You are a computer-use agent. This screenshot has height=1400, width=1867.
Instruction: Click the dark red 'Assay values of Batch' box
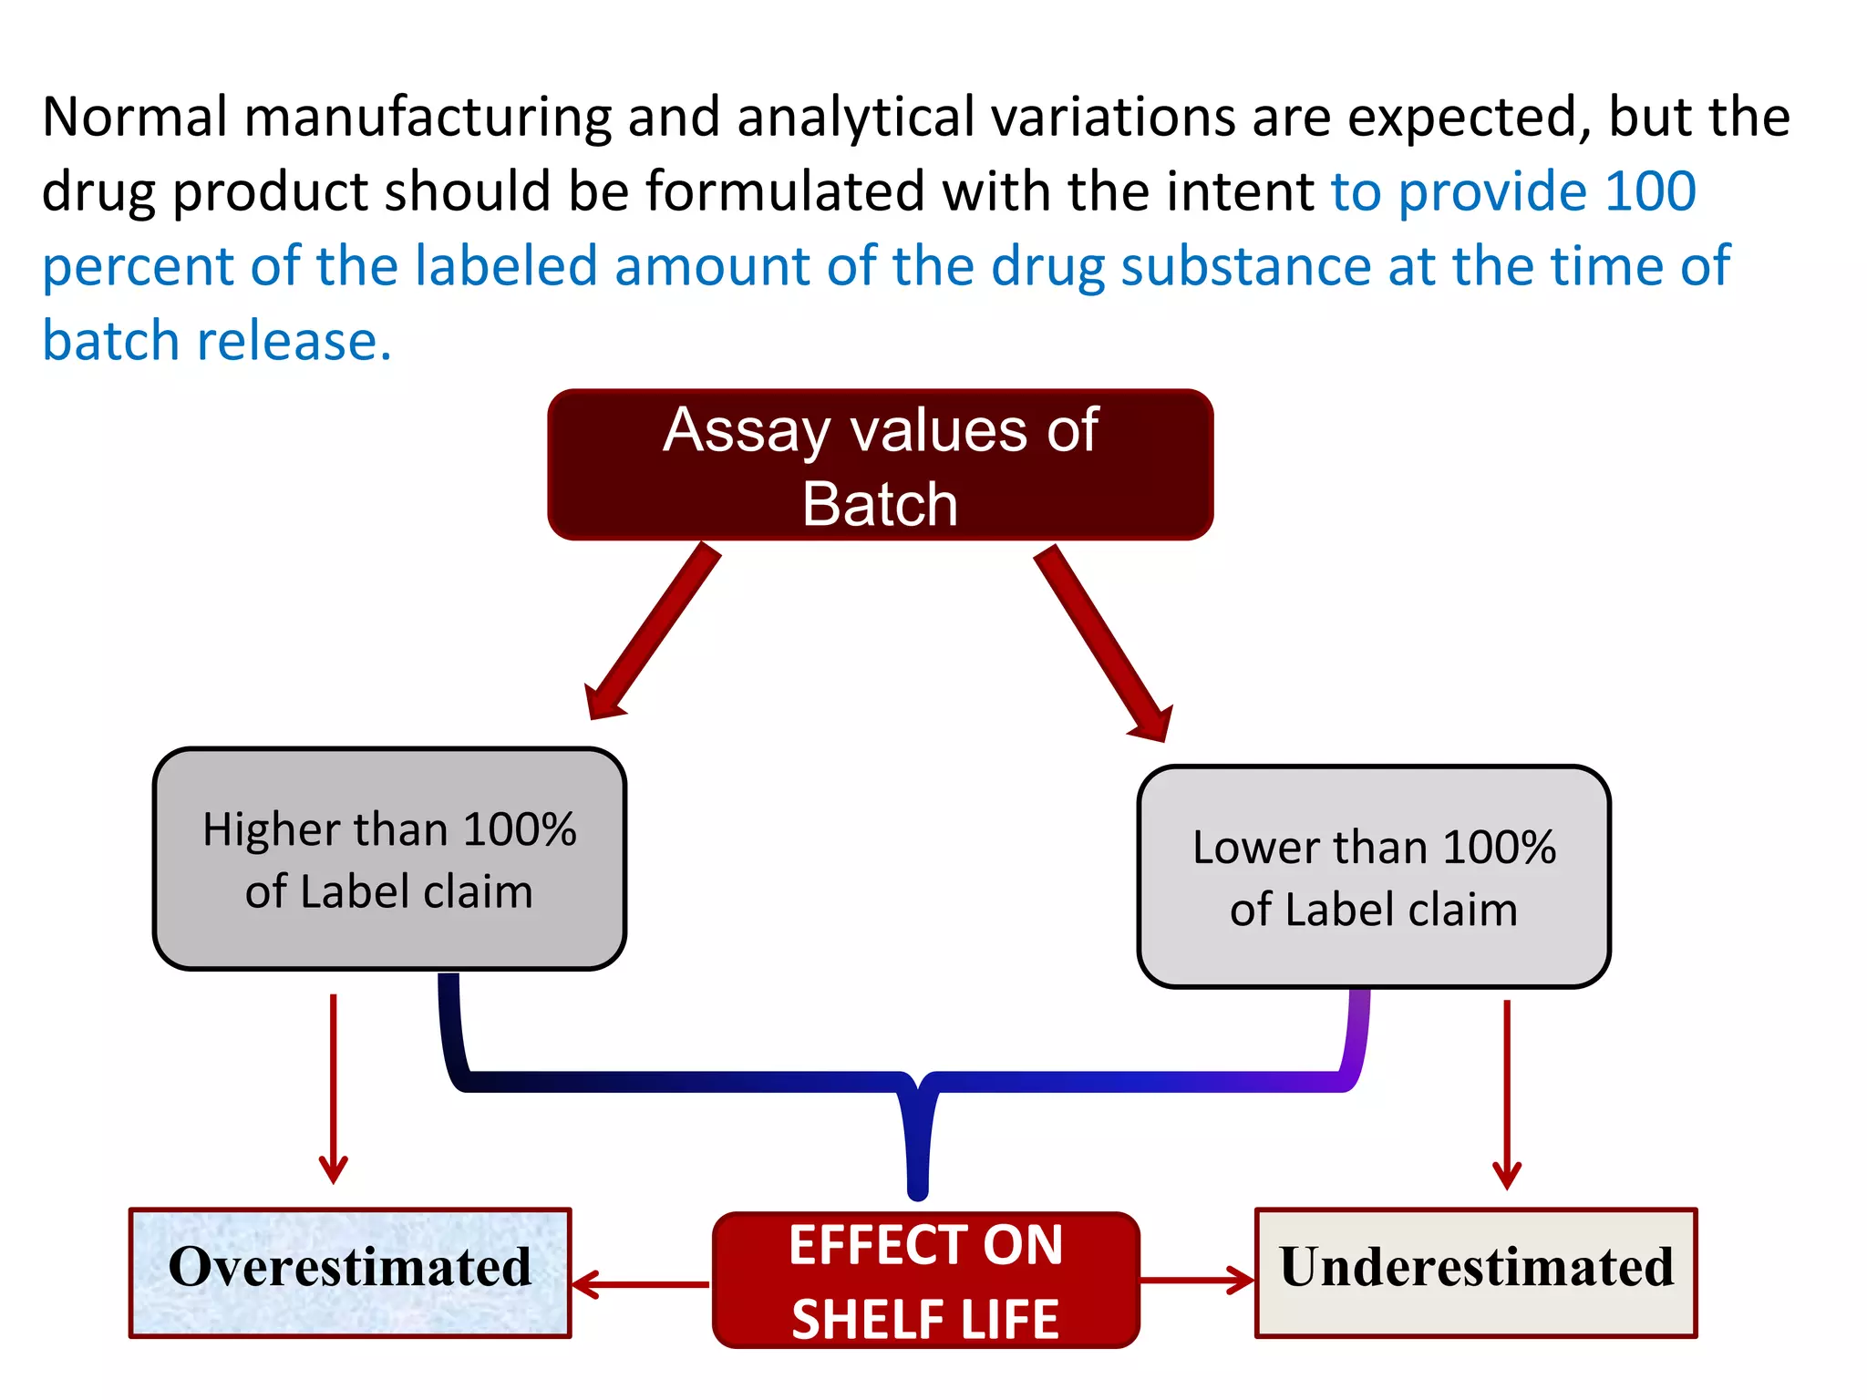pos(880,465)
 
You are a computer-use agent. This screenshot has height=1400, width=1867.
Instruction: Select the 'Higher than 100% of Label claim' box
pos(389,859)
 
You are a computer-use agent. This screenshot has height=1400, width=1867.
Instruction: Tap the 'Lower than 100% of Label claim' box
pos(1374,877)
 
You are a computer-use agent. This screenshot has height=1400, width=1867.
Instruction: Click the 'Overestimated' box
pos(350,1272)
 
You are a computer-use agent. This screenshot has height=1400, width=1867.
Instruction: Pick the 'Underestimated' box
pos(1476,1272)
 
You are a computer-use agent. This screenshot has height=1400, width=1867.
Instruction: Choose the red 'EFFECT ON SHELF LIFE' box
pos(925,1281)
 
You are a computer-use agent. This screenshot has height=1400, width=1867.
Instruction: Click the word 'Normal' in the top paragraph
pos(135,118)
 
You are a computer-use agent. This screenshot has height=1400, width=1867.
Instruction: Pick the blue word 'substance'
pos(1245,266)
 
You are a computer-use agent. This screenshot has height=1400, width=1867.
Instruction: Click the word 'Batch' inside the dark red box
pos(880,504)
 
